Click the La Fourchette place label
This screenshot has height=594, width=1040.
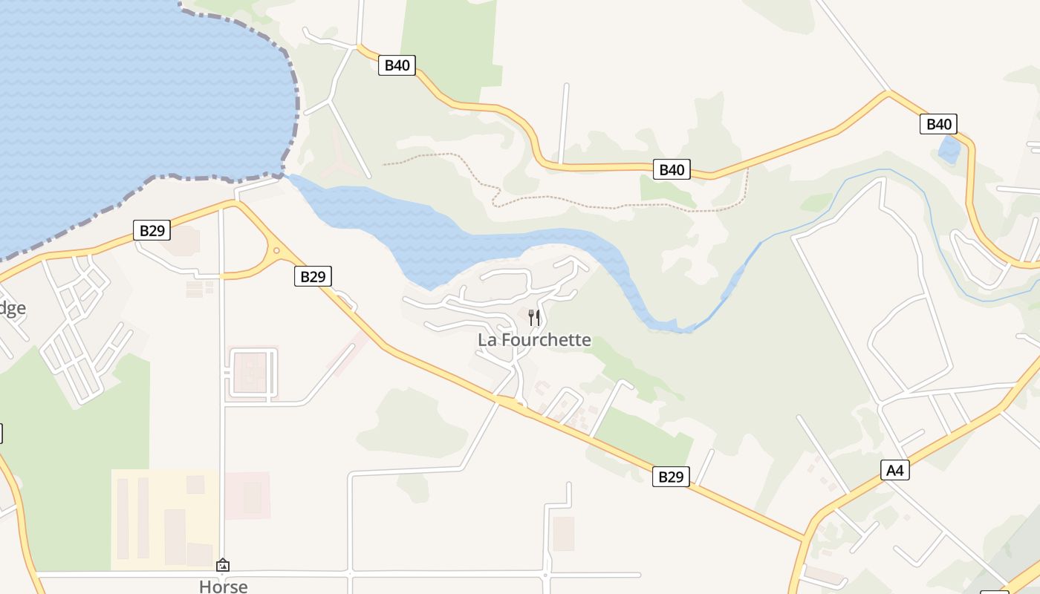534,340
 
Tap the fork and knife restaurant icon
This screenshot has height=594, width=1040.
534,318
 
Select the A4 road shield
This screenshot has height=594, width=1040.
895,470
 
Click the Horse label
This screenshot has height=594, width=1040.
223,586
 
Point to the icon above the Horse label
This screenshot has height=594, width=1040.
223,566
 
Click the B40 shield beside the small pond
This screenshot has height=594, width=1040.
939,124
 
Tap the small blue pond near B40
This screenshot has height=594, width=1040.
949,150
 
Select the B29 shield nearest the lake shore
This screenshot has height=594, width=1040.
152,230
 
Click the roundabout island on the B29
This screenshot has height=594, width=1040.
276,251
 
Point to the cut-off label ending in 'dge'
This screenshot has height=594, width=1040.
12,308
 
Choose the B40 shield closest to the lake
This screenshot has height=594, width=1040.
397,65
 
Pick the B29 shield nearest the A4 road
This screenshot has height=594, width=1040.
671,477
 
